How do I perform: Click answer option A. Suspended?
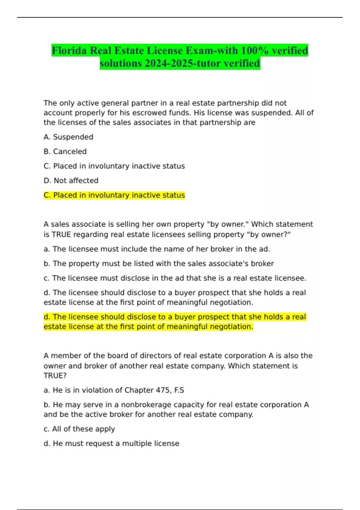(x=68, y=137)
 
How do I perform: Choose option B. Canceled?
(x=65, y=151)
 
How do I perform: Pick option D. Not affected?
(x=71, y=181)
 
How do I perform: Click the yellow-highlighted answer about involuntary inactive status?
(x=114, y=195)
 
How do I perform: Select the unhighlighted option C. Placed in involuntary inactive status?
(x=114, y=166)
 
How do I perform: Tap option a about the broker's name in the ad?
(x=157, y=249)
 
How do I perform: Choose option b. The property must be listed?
(x=159, y=264)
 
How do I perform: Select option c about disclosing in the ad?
(x=175, y=278)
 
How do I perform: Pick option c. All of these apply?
(x=79, y=429)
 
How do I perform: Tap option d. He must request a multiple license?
(x=111, y=443)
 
